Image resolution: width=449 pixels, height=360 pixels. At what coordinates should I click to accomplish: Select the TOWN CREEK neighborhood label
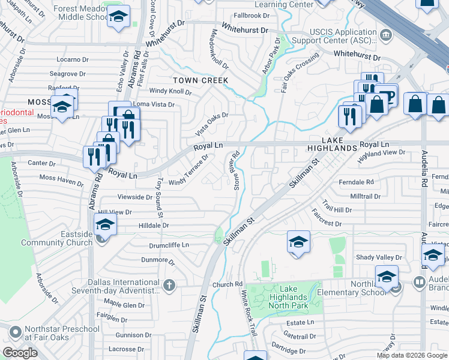pos(200,80)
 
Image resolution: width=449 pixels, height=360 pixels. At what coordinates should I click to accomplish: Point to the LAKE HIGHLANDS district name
pos(332,143)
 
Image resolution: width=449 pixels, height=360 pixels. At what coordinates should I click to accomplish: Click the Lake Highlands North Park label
pos(285,298)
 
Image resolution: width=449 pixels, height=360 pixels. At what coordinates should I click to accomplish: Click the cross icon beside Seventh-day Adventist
pos(170,284)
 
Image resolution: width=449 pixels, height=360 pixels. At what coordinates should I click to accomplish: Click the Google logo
pos(20,353)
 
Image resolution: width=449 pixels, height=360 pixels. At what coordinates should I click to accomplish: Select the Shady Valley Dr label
pos(379,257)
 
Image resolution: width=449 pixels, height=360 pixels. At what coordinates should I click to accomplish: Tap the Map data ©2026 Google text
pos(411,355)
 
